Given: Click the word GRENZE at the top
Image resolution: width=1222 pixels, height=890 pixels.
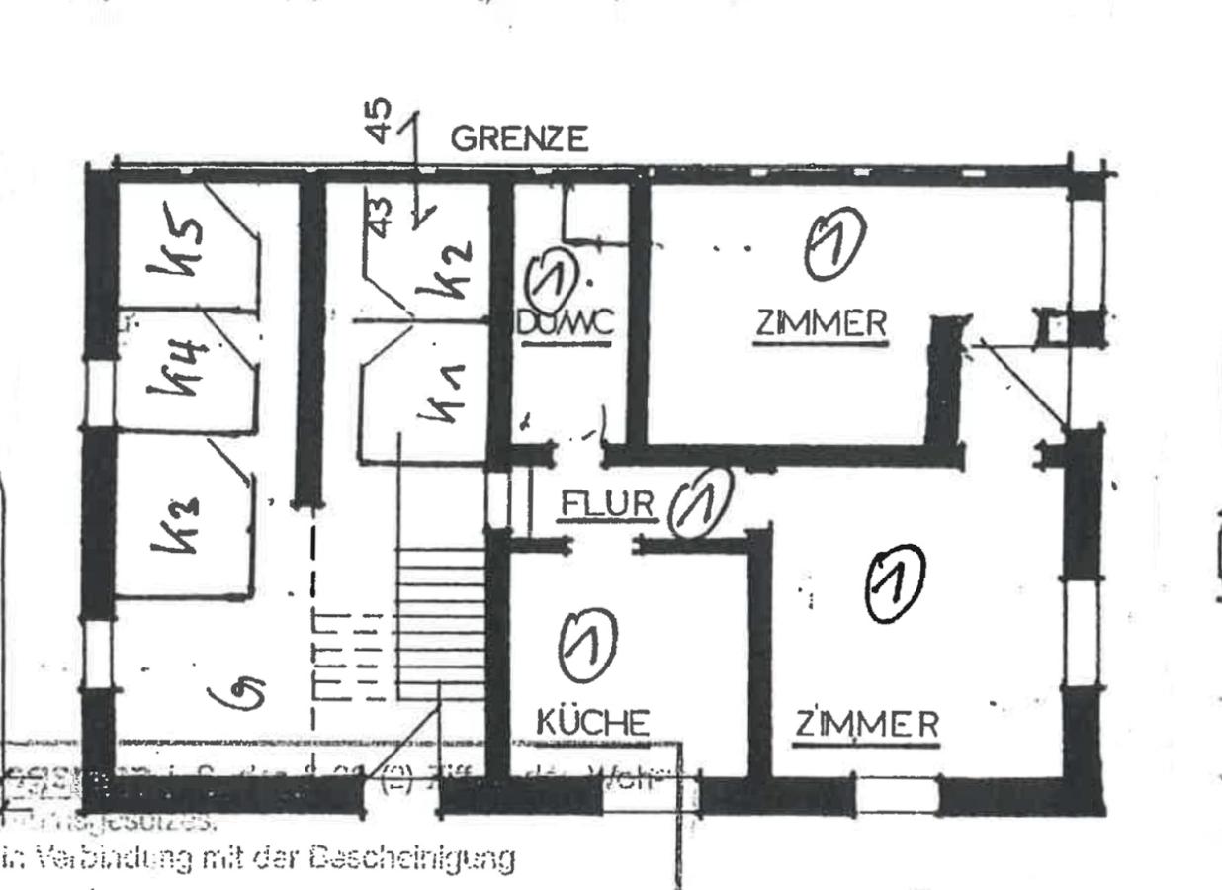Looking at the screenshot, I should [519, 139].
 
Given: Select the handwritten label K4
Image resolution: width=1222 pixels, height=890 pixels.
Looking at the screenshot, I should [179, 367].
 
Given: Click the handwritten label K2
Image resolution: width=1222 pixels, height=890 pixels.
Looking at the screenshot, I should [441, 269].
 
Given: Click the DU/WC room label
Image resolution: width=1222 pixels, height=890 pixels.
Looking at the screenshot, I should [566, 322].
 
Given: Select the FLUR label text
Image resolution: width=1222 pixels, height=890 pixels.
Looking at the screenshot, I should [607, 505].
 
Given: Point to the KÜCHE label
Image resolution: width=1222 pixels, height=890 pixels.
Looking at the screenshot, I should [592, 723].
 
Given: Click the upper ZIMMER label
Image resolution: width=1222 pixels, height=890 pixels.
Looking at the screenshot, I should [821, 324].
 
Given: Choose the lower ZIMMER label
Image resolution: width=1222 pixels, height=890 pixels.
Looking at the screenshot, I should [867, 725].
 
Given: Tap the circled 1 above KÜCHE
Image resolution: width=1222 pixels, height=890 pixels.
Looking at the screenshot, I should [587, 644].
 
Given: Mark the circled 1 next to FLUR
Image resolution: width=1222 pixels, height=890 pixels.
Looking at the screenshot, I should [700, 502].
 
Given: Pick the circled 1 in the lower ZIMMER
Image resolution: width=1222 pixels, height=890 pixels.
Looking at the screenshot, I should [895, 583].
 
